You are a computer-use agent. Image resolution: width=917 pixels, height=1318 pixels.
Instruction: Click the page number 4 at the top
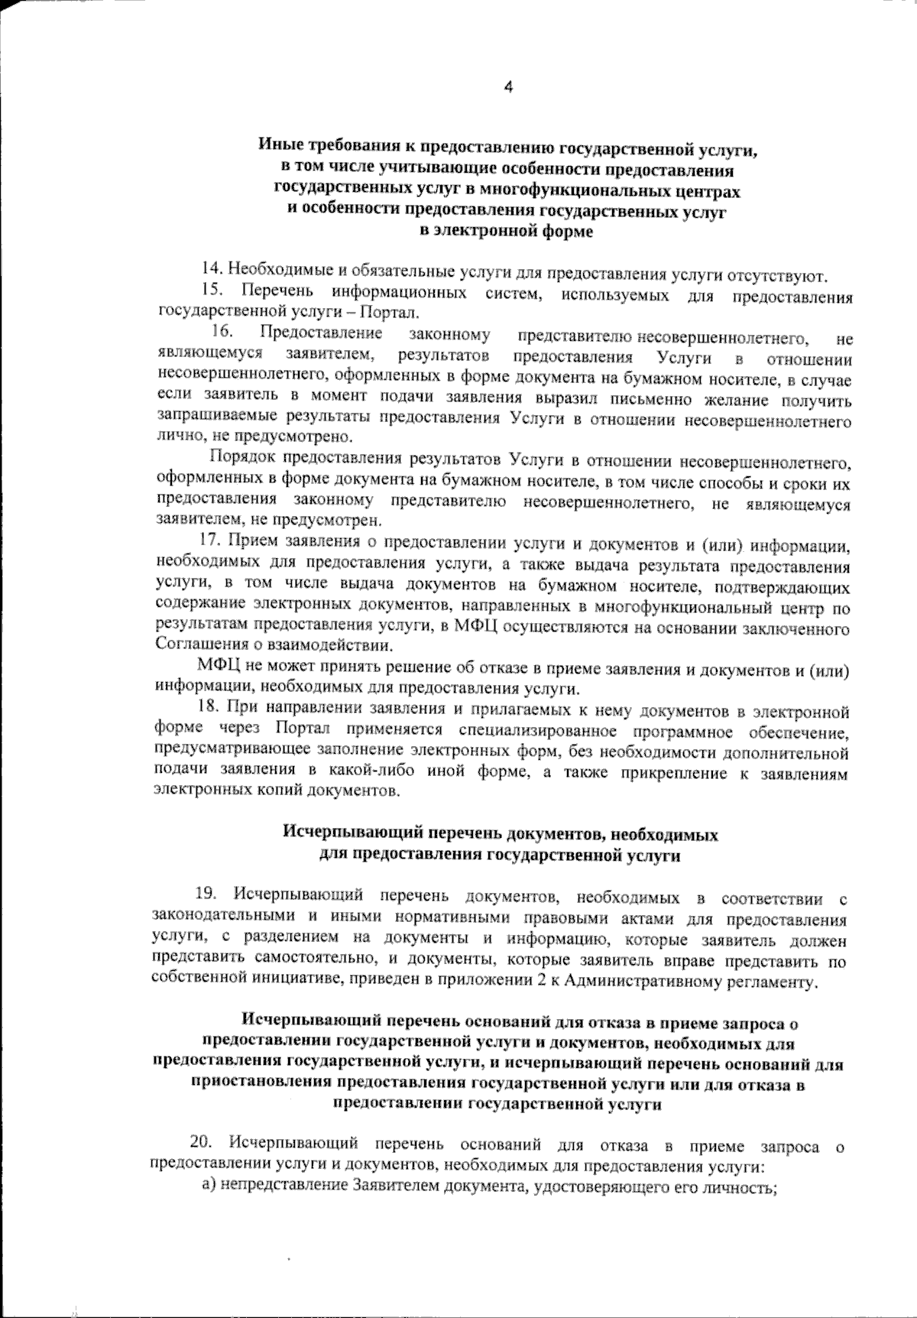(x=508, y=87)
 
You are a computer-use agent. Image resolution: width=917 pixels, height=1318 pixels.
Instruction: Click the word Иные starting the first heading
(x=277, y=146)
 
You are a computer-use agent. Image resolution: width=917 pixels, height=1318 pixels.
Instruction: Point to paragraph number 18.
(x=209, y=713)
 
